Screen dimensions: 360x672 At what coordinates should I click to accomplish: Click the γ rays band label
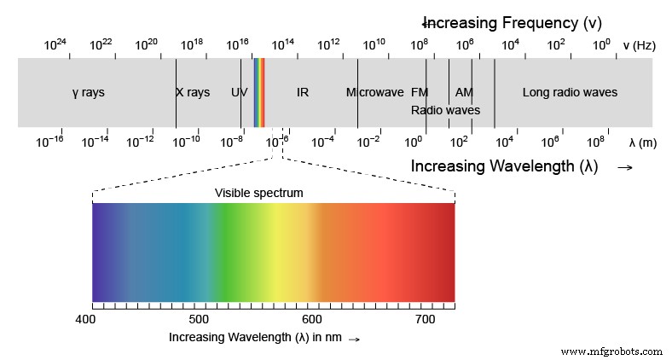(89, 92)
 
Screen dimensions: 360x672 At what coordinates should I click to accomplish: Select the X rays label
(193, 92)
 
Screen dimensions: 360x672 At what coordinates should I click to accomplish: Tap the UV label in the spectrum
(239, 92)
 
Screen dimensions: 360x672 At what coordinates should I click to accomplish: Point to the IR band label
(303, 92)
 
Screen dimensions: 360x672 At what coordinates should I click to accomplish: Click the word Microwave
(374, 92)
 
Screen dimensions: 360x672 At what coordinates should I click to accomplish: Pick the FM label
(420, 92)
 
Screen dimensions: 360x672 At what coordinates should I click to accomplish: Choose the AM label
(464, 92)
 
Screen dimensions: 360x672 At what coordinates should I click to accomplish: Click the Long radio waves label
(570, 92)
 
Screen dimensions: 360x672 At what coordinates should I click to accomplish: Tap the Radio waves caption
(445, 110)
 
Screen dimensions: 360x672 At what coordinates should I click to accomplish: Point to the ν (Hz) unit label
(639, 45)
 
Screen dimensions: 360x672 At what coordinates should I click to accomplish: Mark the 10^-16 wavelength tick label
(49, 141)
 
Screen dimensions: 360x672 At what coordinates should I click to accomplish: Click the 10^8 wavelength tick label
(594, 141)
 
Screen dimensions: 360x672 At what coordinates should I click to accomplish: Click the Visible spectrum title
(258, 194)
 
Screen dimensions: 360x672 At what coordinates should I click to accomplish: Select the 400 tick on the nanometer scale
(85, 319)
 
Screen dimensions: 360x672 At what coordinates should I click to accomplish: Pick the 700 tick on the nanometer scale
(425, 319)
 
